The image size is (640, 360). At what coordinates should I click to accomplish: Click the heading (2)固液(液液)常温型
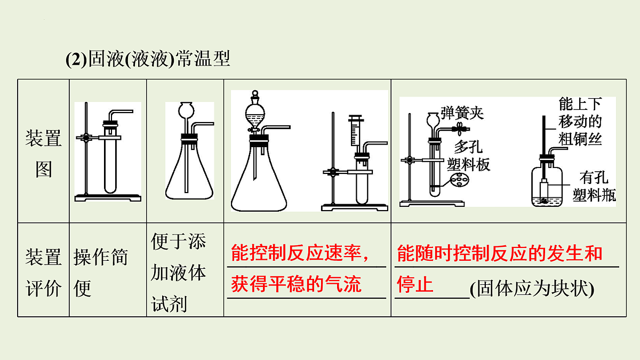(148, 59)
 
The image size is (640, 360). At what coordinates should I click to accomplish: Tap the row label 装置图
(43, 154)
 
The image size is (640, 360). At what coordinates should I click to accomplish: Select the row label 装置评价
(43, 273)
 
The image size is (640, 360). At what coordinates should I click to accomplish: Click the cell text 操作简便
(101, 273)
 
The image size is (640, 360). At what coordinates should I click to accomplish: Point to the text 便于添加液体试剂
(178, 273)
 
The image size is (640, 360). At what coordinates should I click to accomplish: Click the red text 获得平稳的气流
(296, 284)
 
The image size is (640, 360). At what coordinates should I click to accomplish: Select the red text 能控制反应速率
(296, 253)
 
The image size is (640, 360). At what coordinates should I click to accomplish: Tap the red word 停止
(415, 284)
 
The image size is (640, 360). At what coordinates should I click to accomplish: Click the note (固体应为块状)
(532, 289)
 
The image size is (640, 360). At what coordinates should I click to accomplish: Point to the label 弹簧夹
(462, 113)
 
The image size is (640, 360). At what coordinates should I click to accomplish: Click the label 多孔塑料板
(469, 156)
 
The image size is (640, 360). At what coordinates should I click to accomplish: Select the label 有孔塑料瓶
(594, 186)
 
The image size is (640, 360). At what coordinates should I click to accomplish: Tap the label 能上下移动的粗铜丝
(580, 122)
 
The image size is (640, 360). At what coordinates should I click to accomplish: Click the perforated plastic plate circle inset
(459, 179)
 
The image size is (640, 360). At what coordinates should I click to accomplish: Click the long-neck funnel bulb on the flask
(186, 110)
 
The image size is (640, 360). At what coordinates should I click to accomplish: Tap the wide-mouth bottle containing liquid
(547, 186)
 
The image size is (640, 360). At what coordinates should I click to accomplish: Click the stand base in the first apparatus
(108, 198)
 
